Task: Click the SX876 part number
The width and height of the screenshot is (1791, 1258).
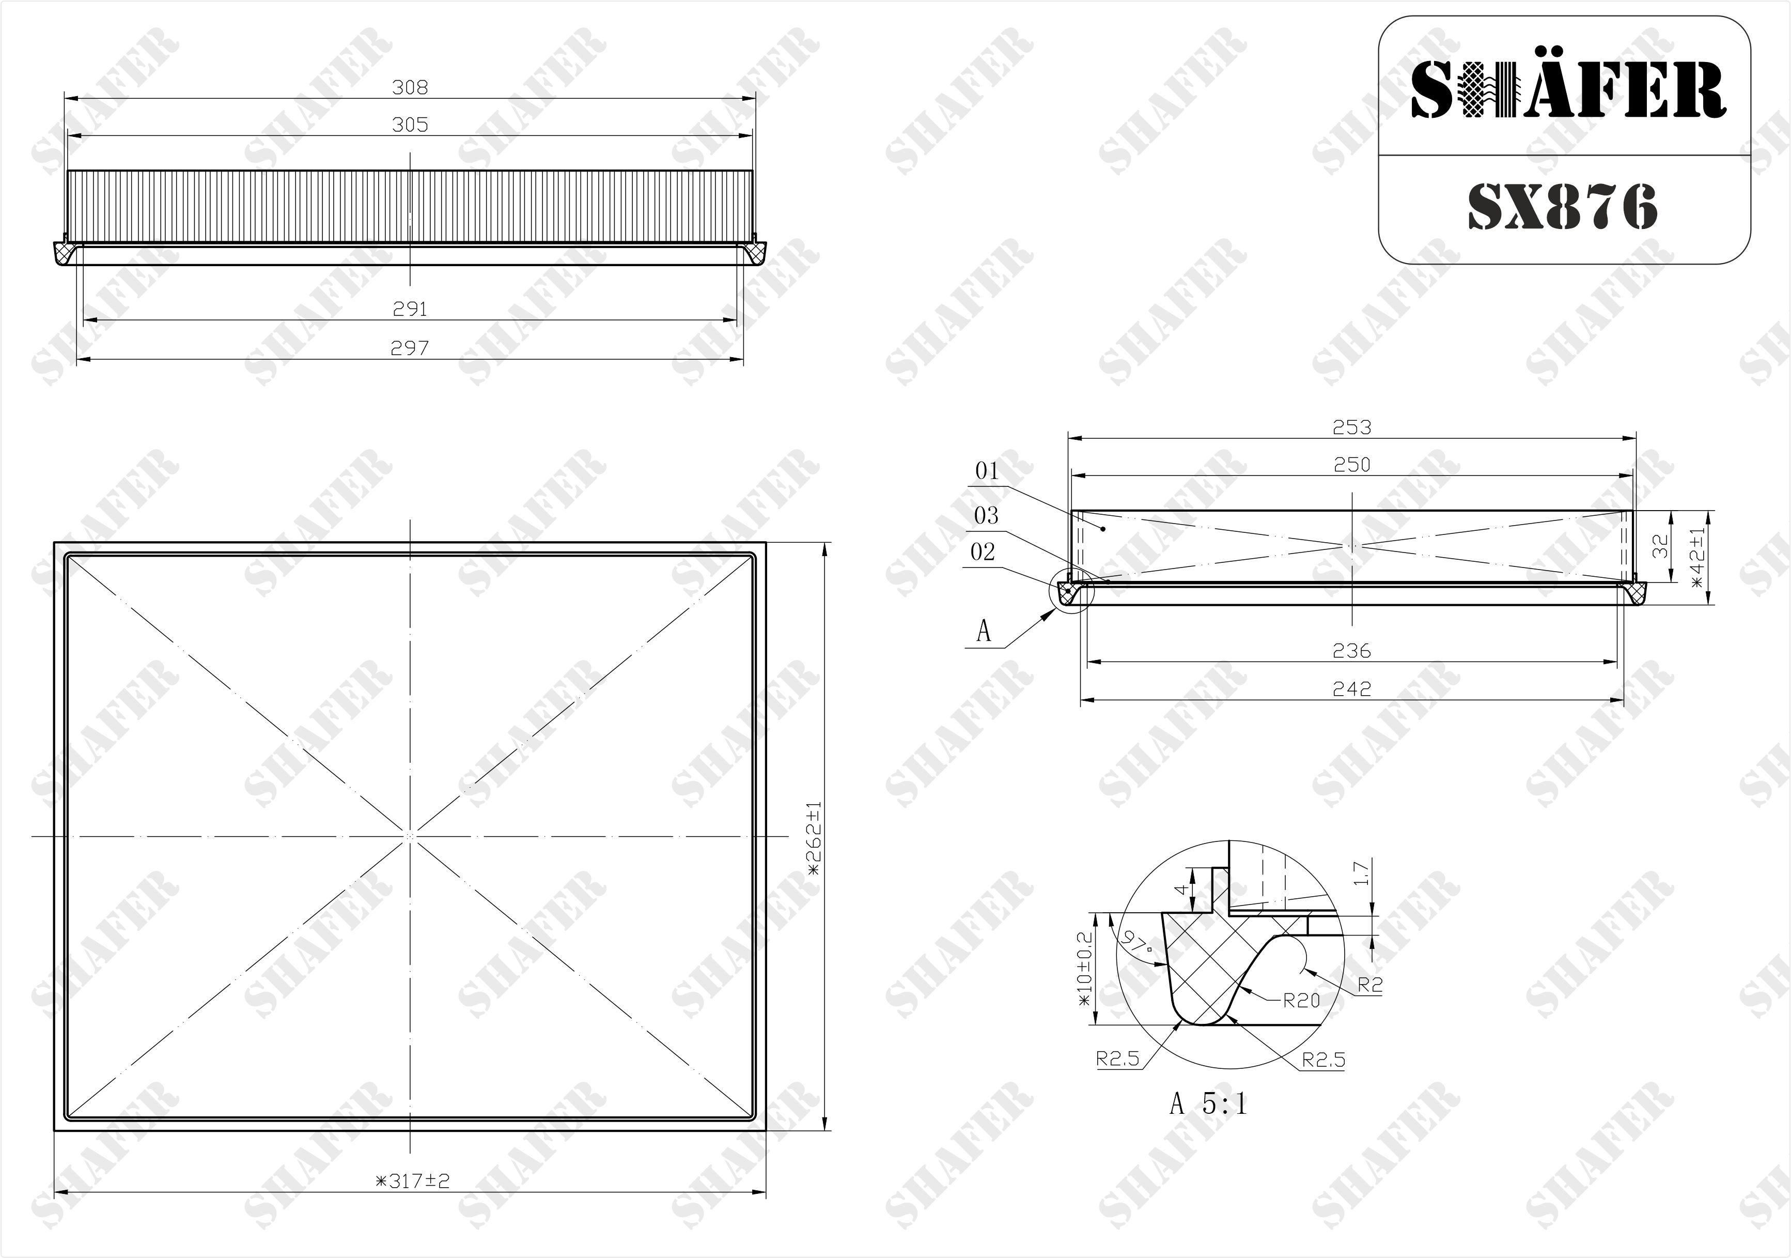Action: [x=1563, y=208]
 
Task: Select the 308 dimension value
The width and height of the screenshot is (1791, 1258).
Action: [x=410, y=87]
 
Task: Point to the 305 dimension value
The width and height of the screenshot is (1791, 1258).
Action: [x=410, y=125]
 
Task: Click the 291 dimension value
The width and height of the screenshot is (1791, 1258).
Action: [x=410, y=310]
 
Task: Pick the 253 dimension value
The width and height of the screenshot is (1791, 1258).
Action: [x=1352, y=427]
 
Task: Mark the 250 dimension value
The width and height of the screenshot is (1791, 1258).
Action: [x=1352, y=465]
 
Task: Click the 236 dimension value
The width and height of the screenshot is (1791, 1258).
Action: [x=1352, y=651]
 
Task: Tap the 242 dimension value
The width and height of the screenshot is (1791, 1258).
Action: [x=1352, y=689]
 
